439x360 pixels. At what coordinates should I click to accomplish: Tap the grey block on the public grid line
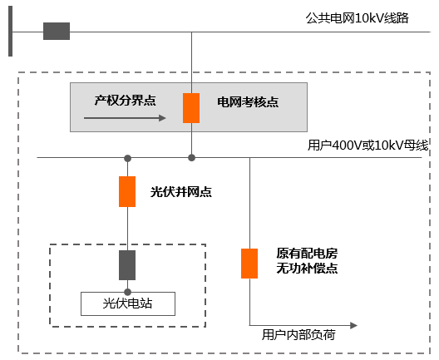[57, 32]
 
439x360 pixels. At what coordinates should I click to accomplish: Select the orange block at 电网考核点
[191, 107]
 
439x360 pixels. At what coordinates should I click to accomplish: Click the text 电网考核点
[248, 102]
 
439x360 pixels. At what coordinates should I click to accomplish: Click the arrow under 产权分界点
[126, 118]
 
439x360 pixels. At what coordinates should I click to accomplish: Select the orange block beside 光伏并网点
[127, 191]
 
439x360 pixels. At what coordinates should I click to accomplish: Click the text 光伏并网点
[181, 191]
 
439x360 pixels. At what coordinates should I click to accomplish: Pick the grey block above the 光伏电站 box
[127, 264]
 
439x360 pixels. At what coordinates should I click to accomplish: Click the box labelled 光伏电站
[128, 303]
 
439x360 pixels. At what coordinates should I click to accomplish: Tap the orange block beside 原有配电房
[249, 263]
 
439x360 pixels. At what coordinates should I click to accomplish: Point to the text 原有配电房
[307, 253]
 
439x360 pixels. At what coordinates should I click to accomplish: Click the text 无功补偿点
[307, 269]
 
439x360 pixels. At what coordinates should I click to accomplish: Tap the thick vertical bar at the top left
[10, 32]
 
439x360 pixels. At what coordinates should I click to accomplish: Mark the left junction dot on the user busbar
[127, 158]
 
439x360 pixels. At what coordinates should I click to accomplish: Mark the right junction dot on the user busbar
[191, 158]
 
